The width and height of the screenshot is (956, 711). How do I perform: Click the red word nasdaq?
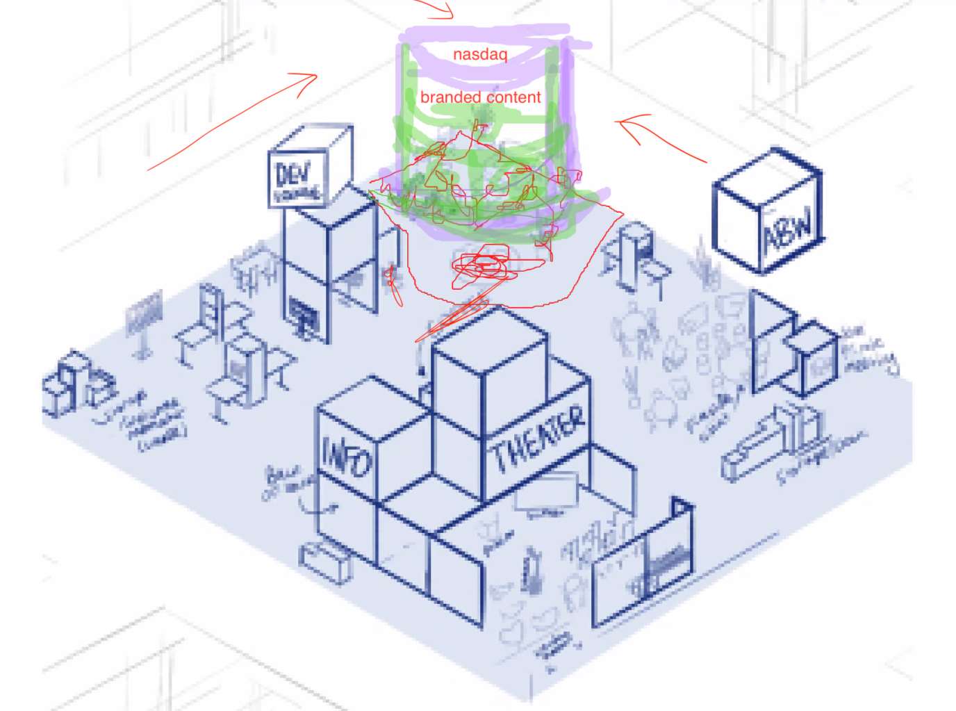point(480,54)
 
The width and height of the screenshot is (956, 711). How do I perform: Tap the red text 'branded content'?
point(480,97)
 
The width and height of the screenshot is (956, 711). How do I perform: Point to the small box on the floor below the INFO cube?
point(326,560)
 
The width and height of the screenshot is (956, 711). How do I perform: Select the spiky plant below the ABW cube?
point(707,268)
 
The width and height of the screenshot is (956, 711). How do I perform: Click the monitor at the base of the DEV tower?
point(303,316)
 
